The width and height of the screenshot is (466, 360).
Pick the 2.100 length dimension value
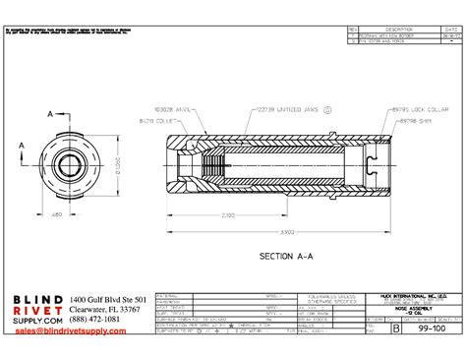[x=227, y=214]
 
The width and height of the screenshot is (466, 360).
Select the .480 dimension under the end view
[x=57, y=213]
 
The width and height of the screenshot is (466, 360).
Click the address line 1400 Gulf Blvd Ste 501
[x=108, y=299]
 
